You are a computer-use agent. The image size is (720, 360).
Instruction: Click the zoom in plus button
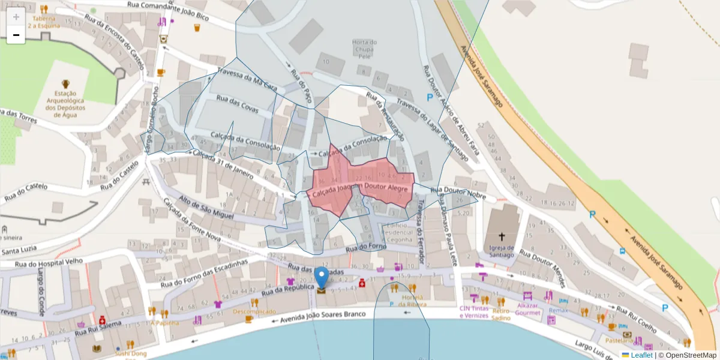tap(16, 17)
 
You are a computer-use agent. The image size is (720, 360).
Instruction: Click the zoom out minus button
tap(16, 35)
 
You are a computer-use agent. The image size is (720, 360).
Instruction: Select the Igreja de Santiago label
tap(502, 251)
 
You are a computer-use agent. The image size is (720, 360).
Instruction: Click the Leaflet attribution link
tap(641, 355)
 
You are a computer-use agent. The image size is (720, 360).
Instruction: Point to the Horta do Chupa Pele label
tap(364, 49)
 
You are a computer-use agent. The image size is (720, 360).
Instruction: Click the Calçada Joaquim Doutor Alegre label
tap(358, 190)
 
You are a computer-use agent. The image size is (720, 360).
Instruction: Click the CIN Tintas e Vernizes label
tap(474, 312)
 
